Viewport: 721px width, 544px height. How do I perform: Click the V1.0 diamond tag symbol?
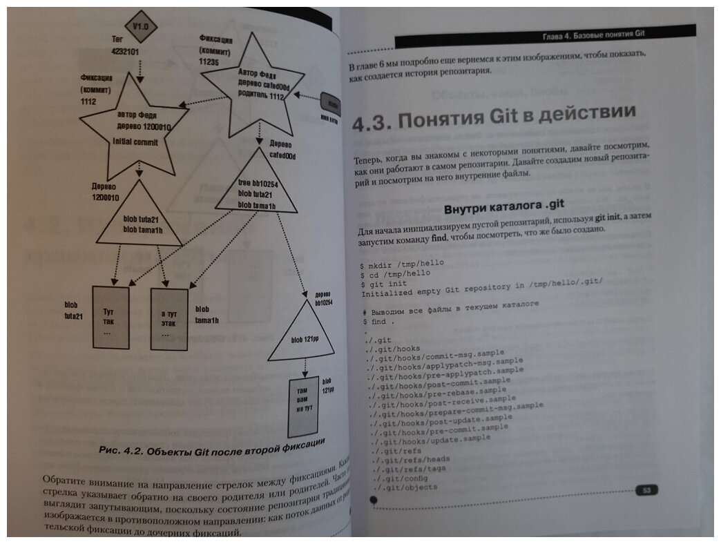click(142, 27)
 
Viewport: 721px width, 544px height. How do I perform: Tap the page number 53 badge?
click(646, 489)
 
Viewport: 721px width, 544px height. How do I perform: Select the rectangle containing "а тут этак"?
click(169, 320)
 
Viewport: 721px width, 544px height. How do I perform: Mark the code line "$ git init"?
click(385, 284)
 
